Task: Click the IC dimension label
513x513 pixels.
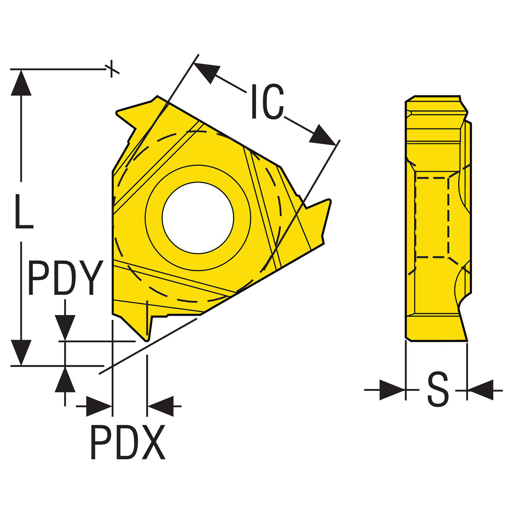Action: coord(267,101)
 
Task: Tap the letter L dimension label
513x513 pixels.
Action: coord(24,211)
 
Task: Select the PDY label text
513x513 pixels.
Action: coord(65,277)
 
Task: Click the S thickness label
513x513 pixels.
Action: coord(438,394)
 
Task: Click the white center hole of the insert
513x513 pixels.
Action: coord(198,218)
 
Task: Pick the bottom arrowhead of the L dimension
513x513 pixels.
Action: coord(21,352)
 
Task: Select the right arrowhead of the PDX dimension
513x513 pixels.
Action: coord(161,406)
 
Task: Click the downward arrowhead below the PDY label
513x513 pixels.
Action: coord(65,328)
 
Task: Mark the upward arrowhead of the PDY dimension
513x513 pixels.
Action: coord(65,379)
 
